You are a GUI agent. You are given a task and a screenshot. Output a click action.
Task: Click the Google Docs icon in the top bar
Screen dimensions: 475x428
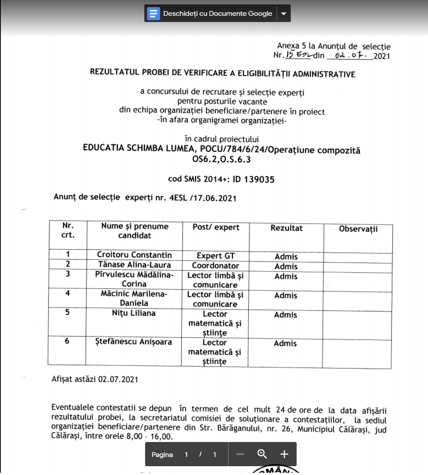point(154,14)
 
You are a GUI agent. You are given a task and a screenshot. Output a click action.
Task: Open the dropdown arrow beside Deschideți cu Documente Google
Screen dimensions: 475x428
point(284,14)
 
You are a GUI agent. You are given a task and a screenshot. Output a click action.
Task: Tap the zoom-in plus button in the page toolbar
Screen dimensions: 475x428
point(284,454)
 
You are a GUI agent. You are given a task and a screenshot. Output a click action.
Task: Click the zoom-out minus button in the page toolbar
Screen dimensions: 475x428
point(240,454)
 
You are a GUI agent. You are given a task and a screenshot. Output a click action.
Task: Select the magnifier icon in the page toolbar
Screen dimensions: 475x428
point(262,454)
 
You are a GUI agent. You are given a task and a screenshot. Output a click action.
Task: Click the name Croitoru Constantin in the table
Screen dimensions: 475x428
point(134,255)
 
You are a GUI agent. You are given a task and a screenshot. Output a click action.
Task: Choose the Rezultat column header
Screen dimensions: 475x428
point(286,228)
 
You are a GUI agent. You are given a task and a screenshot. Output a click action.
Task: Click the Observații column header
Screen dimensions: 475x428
point(358,229)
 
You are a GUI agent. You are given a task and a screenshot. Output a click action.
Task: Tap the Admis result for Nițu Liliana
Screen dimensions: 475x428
point(285,315)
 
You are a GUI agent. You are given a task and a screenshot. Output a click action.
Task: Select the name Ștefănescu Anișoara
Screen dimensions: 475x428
point(134,342)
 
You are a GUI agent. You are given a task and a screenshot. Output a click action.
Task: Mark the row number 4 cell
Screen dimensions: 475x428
point(67,293)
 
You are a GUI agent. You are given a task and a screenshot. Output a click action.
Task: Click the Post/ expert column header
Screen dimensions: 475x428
point(216,227)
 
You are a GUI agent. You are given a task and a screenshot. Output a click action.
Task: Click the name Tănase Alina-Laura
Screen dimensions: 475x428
point(134,265)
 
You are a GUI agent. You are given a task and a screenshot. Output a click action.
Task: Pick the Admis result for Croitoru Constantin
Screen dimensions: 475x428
point(286,257)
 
